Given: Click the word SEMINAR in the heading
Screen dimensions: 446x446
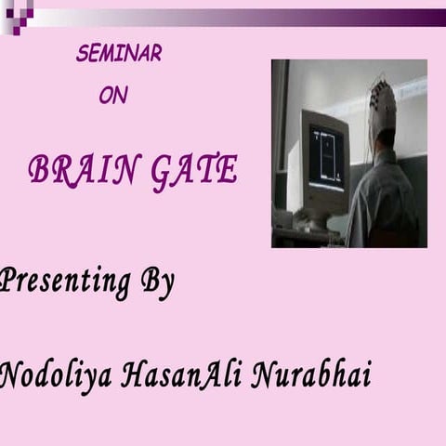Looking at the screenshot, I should click(118, 54).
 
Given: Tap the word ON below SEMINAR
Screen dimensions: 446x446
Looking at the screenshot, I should click(113, 95).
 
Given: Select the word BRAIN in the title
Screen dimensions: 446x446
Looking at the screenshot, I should click(82, 169).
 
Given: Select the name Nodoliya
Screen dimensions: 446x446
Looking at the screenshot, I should click(55, 376).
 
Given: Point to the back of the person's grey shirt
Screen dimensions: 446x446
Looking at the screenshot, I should click(386, 200).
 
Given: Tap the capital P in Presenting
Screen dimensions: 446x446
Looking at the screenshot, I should click(9, 281).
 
